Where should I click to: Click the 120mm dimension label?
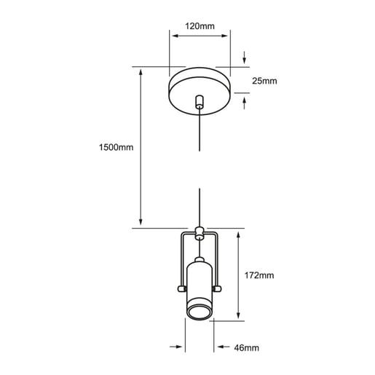click(x=200, y=26)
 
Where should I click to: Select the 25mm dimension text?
click(x=264, y=81)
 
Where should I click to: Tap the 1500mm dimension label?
click(x=116, y=147)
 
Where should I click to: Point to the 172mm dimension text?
click(x=259, y=275)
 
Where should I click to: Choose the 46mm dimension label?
click(x=246, y=348)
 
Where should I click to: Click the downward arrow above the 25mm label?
click(x=245, y=58)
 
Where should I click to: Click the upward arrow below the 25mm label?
click(x=245, y=103)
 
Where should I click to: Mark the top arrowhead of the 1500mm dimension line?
click(x=141, y=72)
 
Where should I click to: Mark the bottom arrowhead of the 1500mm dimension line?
click(x=141, y=222)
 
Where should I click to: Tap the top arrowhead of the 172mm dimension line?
click(x=238, y=234)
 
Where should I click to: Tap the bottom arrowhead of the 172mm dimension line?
click(x=238, y=315)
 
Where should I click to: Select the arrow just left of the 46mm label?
click(x=224, y=347)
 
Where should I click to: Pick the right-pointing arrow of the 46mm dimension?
click(x=176, y=347)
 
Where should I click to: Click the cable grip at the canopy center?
click(x=200, y=102)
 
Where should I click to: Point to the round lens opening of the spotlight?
click(x=200, y=313)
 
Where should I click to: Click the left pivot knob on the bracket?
click(x=182, y=288)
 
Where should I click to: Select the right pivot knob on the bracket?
click(x=217, y=288)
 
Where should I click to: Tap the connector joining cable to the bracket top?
click(x=200, y=233)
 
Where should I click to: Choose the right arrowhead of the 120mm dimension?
click(x=224, y=36)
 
